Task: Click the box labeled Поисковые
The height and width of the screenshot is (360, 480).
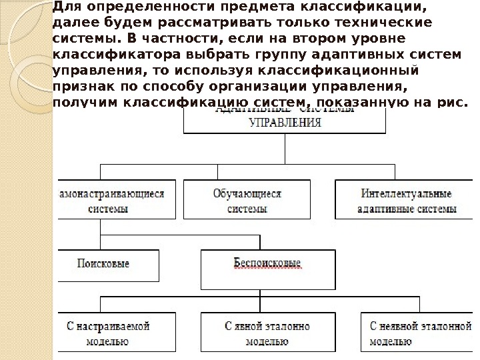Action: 109,267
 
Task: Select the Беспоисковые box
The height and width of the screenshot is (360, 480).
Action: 267,267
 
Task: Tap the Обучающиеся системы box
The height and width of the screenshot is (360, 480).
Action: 247,200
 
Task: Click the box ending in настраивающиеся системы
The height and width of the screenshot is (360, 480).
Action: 117,200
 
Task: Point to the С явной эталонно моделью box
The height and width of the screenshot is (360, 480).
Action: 267,333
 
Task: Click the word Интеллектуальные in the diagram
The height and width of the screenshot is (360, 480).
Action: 407,194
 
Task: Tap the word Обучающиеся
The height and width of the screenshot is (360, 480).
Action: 247,194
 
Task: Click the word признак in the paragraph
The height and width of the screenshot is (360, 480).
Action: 79,86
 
